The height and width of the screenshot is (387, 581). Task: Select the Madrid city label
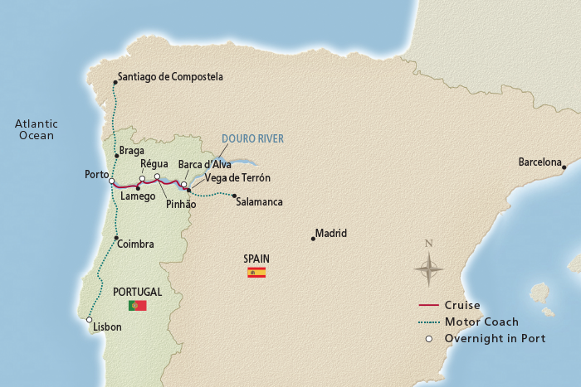point(330,233)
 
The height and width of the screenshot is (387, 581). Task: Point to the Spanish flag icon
point(256,272)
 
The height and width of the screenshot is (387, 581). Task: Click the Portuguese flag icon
point(137,305)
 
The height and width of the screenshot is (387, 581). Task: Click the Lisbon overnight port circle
point(89,319)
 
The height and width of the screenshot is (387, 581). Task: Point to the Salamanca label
point(259,201)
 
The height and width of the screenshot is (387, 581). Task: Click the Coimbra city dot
point(116,238)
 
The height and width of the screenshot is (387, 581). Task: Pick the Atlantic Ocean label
point(34,129)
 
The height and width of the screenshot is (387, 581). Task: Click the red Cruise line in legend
point(429,305)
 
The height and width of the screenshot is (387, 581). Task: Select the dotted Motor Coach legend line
point(429,322)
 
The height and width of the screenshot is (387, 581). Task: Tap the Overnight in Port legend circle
point(429,338)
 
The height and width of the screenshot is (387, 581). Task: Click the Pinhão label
point(180,204)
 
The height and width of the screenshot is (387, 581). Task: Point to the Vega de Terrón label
point(237,177)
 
